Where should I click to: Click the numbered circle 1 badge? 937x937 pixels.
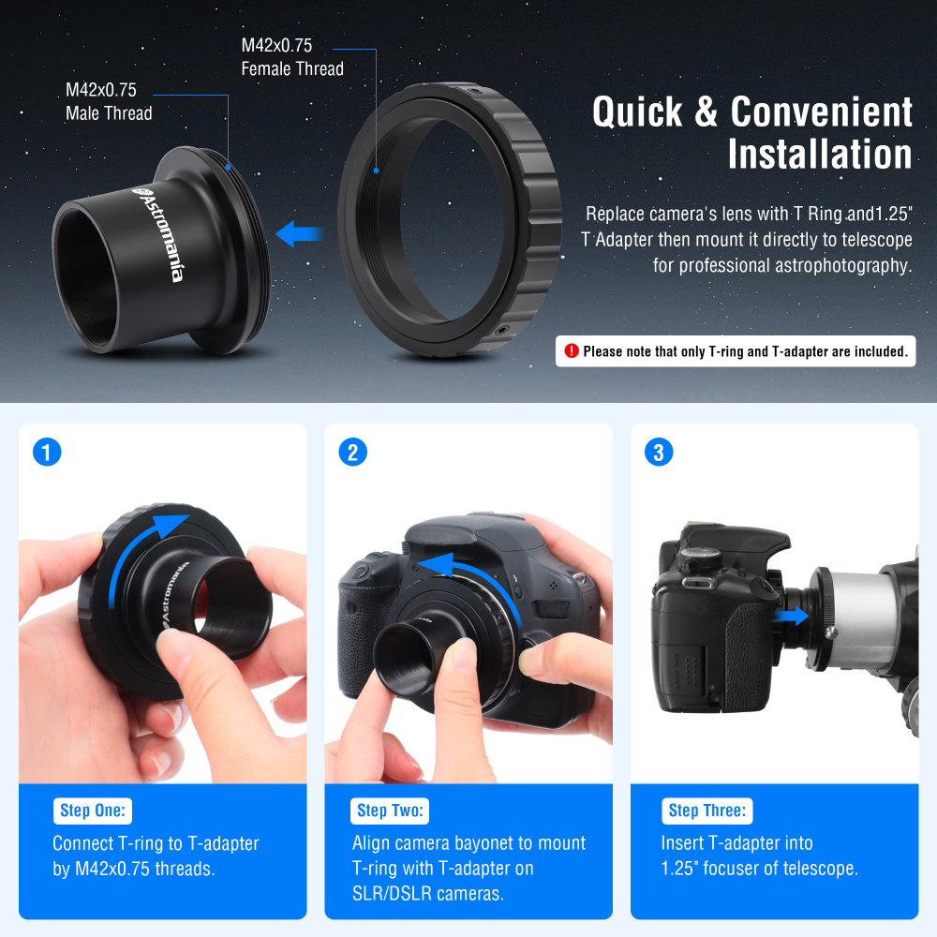[x=47, y=453]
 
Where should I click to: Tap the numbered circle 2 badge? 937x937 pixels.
[x=352, y=453]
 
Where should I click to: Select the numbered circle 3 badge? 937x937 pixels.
[x=659, y=453]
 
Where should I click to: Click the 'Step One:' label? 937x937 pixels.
[x=93, y=811]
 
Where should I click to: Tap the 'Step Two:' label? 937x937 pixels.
[x=391, y=811]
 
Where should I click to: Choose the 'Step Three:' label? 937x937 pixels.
[x=707, y=811]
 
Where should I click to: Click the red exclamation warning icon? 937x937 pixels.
[x=571, y=351]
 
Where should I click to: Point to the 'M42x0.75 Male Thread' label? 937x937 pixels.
[x=108, y=101]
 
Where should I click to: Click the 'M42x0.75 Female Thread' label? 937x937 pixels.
[x=292, y=56]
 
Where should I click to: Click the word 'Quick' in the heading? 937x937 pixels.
[x=638, y=112]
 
